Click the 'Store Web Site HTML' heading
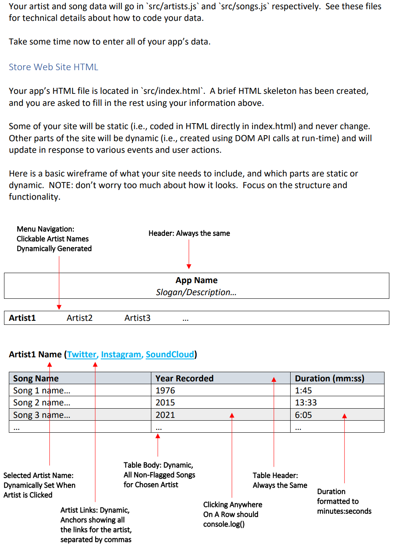tap(53, 67)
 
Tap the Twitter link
tap(82, 355)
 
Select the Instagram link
tap(121, 355)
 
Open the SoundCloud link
tap(170, 355)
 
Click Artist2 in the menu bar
tap(79, 318)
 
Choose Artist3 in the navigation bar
tap(137, 318)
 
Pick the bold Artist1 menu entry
tap(22, 318)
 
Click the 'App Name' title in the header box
tap(196, 280)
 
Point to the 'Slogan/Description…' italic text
tap(196, 292)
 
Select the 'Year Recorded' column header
tap(184, 379)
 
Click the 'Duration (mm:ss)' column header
tap(329, 379)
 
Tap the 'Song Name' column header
tap(36, 379)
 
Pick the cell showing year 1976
tap(165, 391)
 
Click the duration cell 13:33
tap(305, 403)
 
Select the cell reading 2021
tap(165, 415)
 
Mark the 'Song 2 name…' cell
tap(41, 403)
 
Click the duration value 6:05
tap(303, 415)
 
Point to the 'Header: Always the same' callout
tap(189, 233)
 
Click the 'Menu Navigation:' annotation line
tap(45, 229)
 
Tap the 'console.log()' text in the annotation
tap(224, 524)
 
